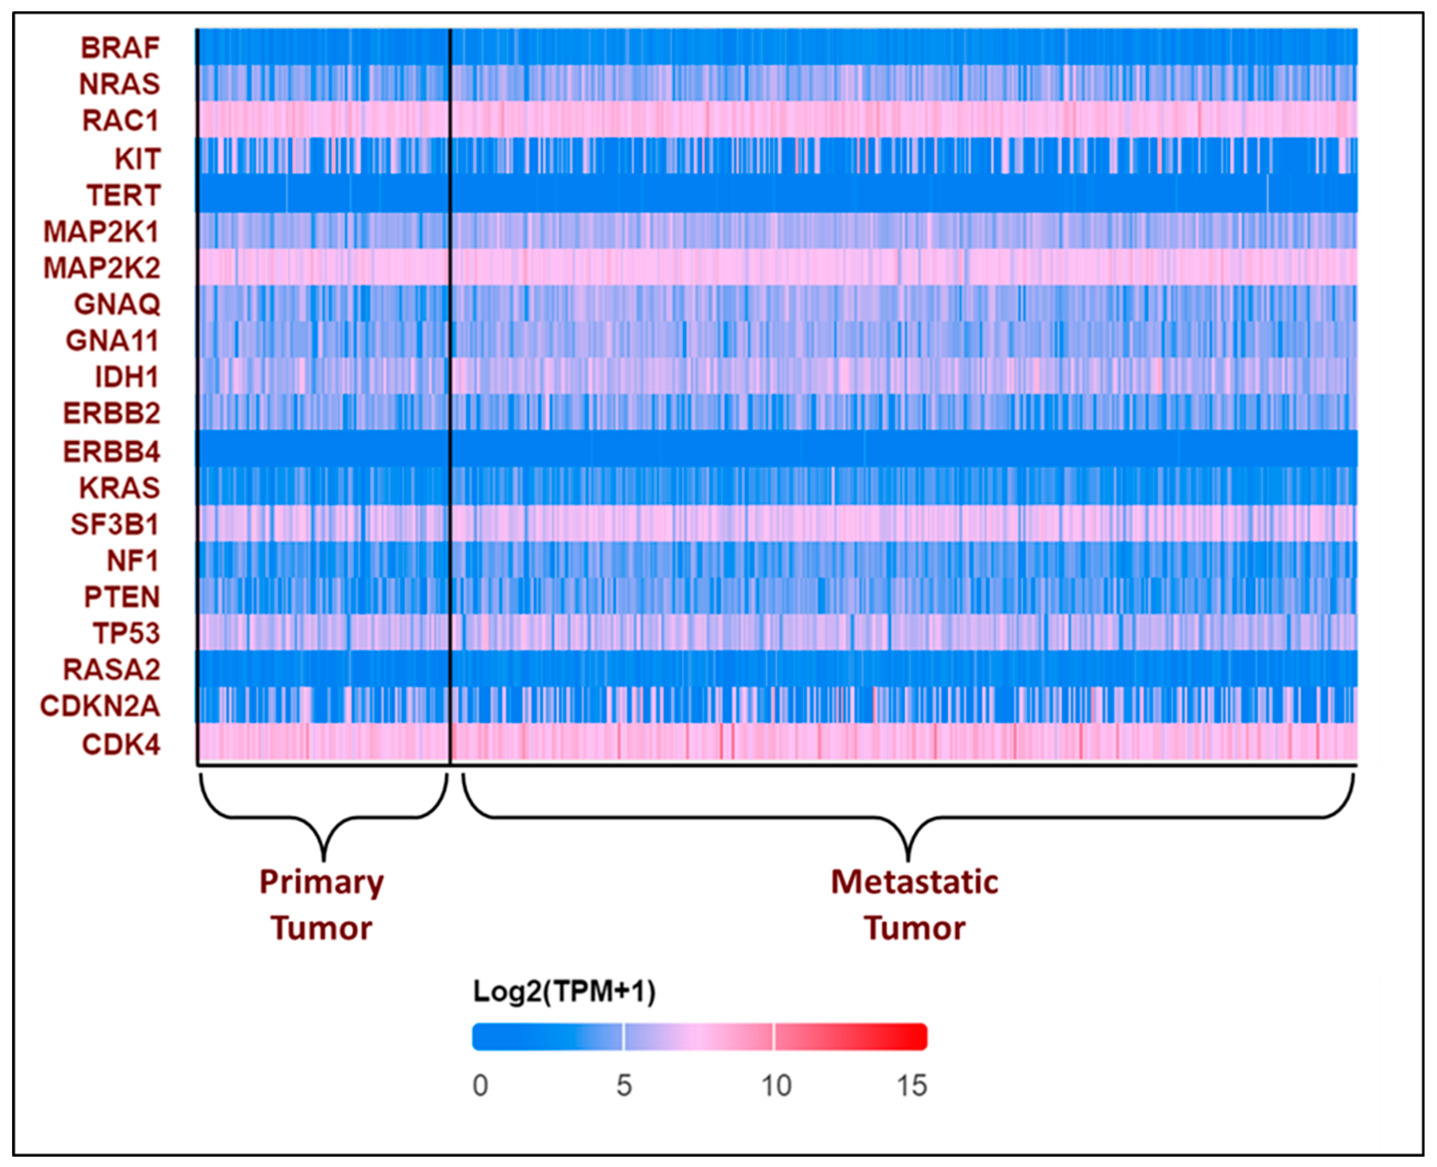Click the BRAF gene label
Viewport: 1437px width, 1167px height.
coord(120,48)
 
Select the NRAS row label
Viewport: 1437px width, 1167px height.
coord(120,84)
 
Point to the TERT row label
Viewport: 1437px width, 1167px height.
coord(124,195)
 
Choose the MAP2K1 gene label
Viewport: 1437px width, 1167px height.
coord(101,232)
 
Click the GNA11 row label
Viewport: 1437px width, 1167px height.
coord(112,341)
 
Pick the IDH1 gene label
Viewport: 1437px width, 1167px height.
coord(127,377)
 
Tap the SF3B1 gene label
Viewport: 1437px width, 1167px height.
coord(115,524)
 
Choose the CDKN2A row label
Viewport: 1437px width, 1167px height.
coord(100,706)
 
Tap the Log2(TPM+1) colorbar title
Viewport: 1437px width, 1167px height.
coord(564,992)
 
